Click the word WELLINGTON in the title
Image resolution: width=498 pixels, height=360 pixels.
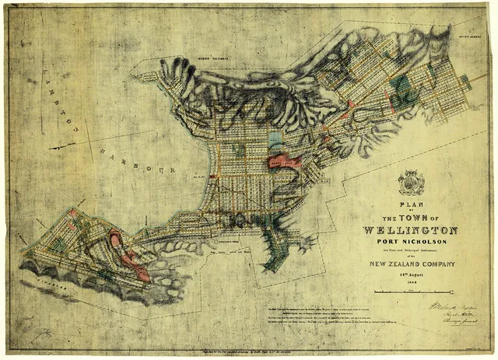(x=410, y=230)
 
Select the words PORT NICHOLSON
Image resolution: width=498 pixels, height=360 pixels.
(x=410, y=241)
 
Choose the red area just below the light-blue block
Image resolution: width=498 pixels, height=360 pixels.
(x=285, y=162)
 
